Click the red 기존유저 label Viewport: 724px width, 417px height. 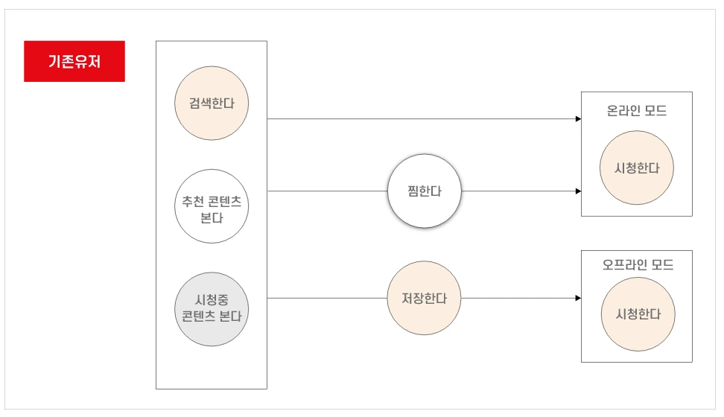click(x=74, y=61)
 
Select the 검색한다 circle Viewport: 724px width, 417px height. click(x=212, y=104)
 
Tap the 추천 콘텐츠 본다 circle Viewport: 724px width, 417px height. click(x=212, y=206)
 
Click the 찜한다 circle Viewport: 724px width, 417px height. click(x=425, y=191)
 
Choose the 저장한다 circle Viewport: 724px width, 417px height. click(x=425, y=298)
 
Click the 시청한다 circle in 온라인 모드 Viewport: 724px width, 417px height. click(x=637, y=168)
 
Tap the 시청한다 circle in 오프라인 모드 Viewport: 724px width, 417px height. click(x=637, y=314)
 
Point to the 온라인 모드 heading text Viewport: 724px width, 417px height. click(x=637, y=112)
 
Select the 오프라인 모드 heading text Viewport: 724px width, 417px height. click(x=637, y=265)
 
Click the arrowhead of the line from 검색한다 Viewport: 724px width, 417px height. click(x=578, y=118)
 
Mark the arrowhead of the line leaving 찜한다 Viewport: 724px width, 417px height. click(x=578, y=191)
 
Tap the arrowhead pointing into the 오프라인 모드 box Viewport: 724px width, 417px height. click(x=578, y=298)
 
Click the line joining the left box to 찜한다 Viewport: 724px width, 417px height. click(x=328, y=191)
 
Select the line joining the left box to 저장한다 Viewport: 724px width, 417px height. click(x=328, y=298)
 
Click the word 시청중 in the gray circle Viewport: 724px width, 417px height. click(x=212, y=299)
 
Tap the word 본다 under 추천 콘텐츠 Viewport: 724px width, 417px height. click(x=212, y=217)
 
